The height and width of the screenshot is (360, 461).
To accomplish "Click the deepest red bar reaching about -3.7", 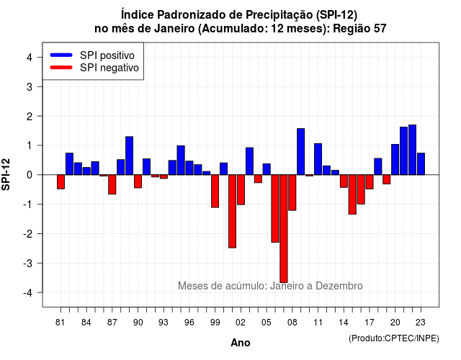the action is click(284, 229).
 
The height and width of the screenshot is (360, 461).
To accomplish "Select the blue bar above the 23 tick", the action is click(421, 164).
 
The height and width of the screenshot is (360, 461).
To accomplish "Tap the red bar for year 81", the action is click(61, 182).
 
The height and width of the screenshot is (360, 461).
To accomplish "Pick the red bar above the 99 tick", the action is click(215, 191).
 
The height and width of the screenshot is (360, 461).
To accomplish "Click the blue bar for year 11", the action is click(318, 159).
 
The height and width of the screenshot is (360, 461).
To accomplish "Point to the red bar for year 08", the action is click(292, 192).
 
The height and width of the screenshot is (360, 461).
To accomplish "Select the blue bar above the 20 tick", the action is click(395, 160).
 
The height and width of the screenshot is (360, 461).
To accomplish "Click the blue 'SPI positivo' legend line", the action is click(61, 55).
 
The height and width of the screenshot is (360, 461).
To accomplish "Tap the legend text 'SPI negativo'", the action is click(109, 68).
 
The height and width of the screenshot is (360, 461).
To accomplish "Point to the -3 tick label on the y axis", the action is click(28, 263).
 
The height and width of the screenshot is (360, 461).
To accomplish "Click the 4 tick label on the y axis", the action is click(30, 58).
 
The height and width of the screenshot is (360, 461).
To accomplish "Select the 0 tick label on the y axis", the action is click(30, 175).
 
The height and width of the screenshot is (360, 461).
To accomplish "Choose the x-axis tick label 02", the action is click(241, 323).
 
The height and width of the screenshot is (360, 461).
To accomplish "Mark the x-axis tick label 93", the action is click(164, 323).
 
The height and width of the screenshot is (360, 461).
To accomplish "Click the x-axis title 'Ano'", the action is click(241, 343).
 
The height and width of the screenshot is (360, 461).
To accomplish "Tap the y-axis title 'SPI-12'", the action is click(6, 174).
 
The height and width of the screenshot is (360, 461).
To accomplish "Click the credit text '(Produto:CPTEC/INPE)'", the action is click(394, 338).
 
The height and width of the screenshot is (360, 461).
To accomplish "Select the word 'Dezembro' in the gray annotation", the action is click(339, 286).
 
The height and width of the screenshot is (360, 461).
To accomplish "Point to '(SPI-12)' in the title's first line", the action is click(336, 14).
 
